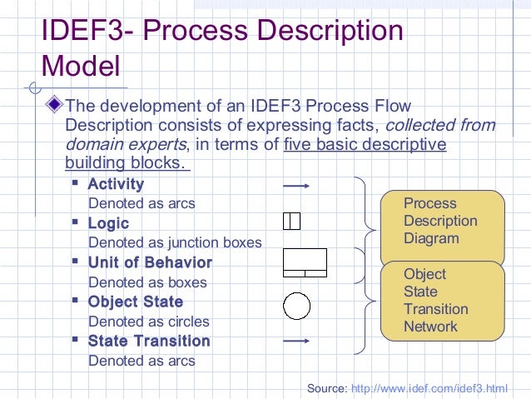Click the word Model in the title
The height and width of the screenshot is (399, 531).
click(80, 66)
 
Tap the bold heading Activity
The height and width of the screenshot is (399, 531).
click(116, 184)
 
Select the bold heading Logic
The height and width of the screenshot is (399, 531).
click(108, 223)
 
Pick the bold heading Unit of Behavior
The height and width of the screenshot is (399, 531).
click(150, 262)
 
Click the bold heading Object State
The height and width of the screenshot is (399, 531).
click(135, 302)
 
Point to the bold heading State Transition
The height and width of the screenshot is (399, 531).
click(149, 341)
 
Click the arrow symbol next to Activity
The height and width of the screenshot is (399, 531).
click(296, 185)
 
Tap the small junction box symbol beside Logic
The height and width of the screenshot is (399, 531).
click(291, 221)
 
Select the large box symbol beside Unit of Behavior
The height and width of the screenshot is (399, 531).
click(305, 262)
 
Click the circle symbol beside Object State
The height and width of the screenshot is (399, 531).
click(297, 306)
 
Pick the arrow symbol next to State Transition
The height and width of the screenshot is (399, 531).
click(296, 341)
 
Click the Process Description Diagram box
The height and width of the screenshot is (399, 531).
click(443, 222)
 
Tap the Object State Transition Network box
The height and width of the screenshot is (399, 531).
click(443, 300)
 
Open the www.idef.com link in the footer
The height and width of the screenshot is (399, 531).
click(429, 388)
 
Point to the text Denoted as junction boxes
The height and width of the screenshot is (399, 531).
click(175, 242)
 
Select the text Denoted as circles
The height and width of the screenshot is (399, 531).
click(148, 321)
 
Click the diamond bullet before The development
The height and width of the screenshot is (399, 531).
click(56, 106)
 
